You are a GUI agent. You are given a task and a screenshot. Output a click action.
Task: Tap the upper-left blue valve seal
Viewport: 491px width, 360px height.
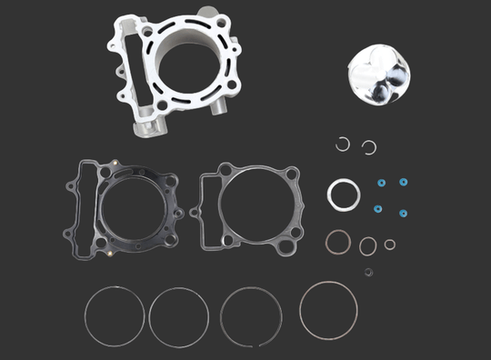(382, 183)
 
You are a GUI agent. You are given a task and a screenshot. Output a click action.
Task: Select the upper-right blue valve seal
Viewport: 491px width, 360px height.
(403, 183)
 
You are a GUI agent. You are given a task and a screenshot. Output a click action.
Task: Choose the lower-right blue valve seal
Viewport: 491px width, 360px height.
(402, 214)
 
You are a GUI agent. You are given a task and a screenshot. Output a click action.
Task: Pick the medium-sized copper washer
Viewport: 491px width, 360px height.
(368, 245)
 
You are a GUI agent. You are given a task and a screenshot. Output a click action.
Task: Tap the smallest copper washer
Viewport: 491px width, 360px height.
(390, 244)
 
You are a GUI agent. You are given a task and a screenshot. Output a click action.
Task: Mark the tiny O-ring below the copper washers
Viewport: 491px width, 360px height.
(368, 272)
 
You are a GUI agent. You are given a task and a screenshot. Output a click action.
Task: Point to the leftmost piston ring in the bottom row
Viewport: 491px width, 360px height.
(113, 315)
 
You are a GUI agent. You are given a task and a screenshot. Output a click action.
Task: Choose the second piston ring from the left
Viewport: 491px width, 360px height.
(179, 316)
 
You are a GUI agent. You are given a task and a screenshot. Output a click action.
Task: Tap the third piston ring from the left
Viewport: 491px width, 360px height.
(251, 317)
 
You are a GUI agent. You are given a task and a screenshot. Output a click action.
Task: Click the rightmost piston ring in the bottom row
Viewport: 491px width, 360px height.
(328, 309)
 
